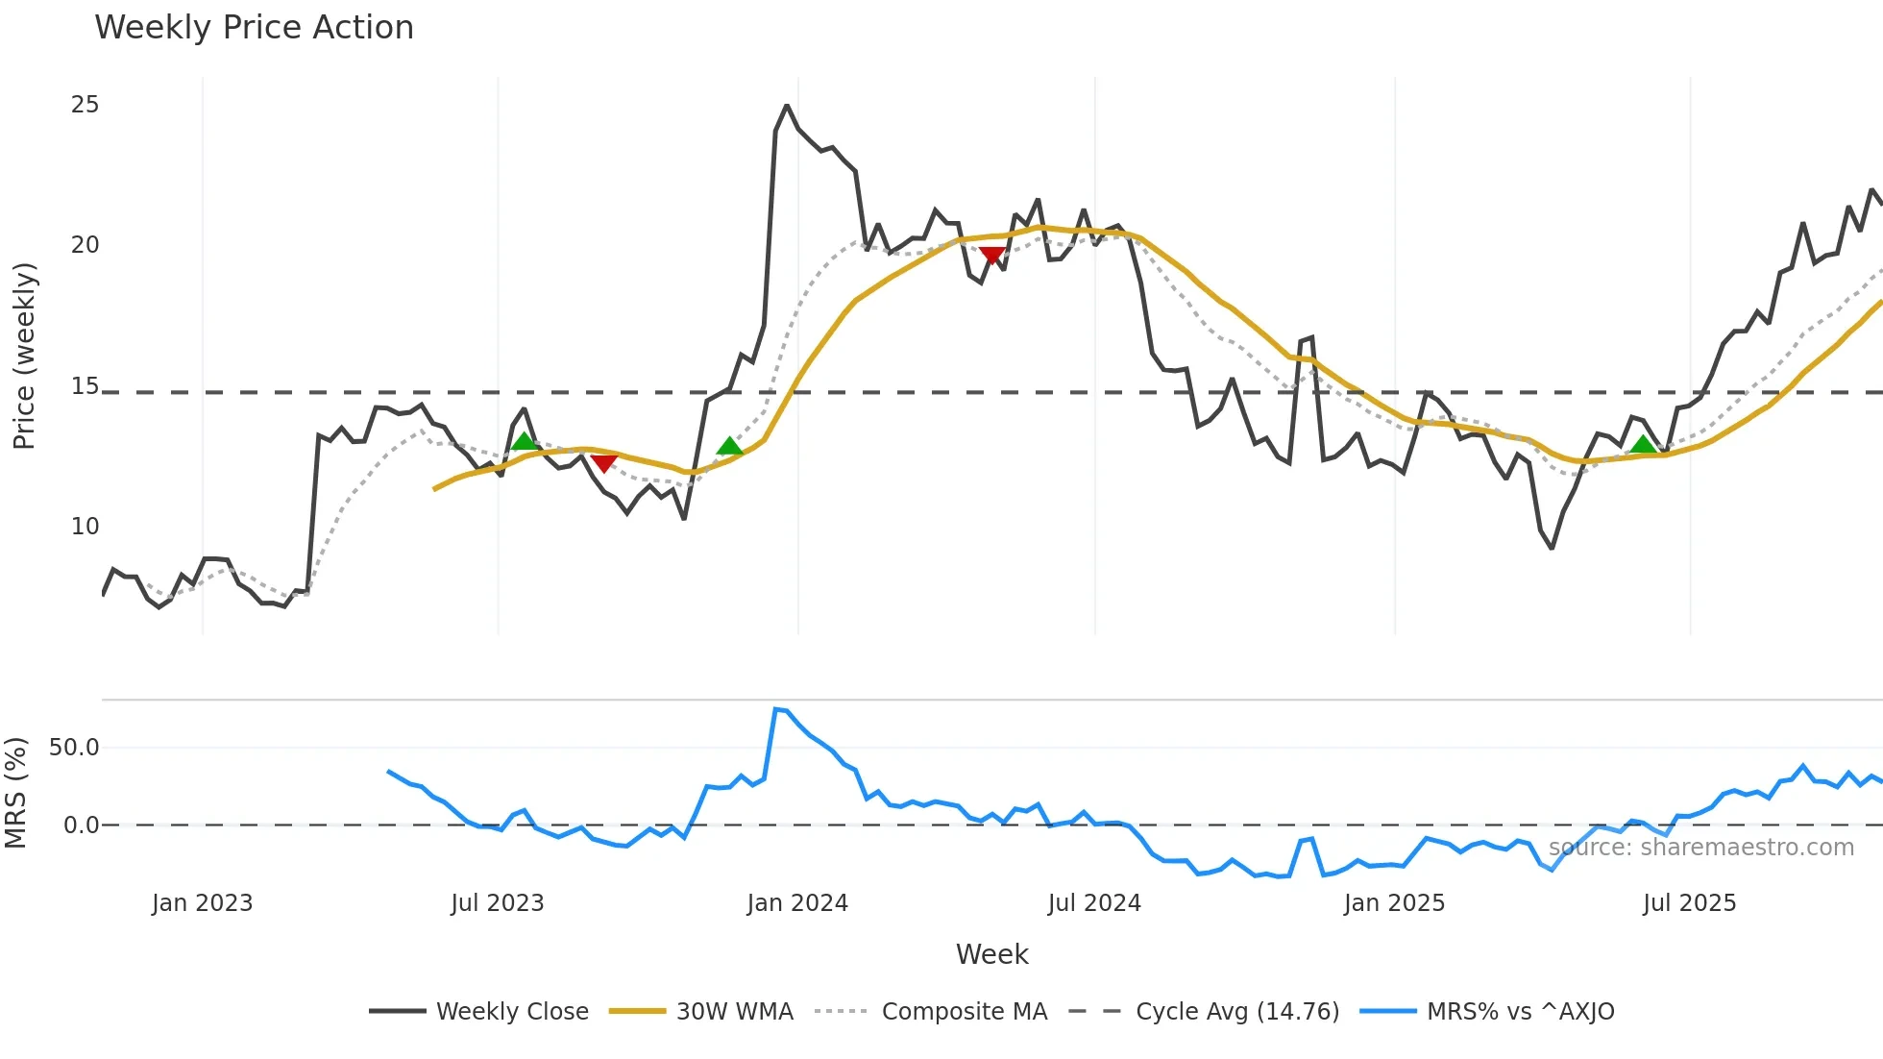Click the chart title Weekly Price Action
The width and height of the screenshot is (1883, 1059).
[254, 28]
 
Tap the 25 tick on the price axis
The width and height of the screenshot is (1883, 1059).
[85, 105]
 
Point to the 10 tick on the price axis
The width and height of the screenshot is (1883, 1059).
[85, 527]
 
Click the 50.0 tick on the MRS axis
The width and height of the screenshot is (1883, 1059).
[74, 748]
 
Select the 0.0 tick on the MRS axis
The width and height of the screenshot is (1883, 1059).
[81, 825]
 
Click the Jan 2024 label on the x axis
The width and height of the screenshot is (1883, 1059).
[797, 903]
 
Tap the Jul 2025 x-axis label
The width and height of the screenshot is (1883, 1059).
[1689, 903]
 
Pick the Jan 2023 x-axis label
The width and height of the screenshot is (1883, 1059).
[202, 903]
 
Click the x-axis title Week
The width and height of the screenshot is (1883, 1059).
[991, 954]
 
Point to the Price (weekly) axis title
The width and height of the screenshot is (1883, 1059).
[24, 356]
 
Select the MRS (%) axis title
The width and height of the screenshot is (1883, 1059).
[16, 793]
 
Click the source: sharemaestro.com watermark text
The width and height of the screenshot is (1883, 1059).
[1700, 848]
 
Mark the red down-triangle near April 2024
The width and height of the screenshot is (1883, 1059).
[992, 256]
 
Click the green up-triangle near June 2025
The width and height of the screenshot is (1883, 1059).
[1644, 444]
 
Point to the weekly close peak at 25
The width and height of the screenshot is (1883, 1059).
[787, 106]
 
